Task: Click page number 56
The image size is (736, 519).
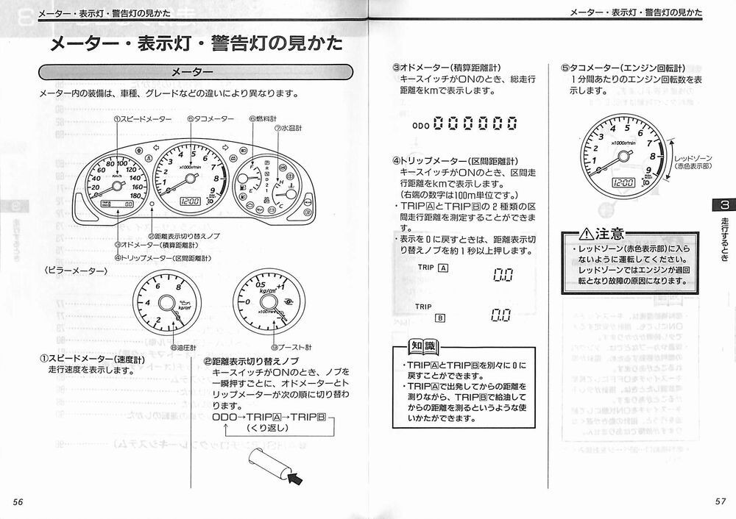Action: [19, 501]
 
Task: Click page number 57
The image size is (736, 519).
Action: [721, 501]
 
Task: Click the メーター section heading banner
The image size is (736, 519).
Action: [191, 72]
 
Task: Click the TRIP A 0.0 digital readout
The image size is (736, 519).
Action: [501, 275]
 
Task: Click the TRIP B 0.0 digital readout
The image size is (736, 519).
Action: [501, 315]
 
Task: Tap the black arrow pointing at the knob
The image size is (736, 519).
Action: [297, 481]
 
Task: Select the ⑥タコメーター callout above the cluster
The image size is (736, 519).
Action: [210, 119]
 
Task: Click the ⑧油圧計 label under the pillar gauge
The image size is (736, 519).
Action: [183, 347]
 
